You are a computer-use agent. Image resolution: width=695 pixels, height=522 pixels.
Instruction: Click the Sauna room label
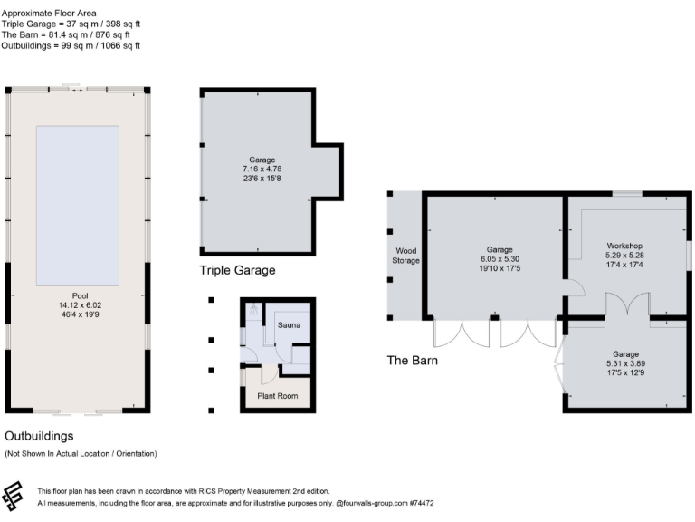(x=289, y=324)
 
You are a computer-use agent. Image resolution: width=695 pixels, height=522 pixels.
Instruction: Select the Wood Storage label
(x=406, y=256)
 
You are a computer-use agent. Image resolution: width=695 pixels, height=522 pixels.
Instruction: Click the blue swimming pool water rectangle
(x=77, y=205)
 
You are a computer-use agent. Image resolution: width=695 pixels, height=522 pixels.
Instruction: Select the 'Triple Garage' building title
(x=237, y=270)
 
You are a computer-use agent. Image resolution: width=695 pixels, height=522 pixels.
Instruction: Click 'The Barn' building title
(x=413, y=360)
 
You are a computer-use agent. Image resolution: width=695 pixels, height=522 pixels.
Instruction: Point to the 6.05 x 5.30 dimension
(x=499, y=259)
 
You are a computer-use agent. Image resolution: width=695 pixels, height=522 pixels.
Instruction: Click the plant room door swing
(x=269, y=376)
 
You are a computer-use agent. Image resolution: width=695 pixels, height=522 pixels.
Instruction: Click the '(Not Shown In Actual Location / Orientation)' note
(x=81, y=453)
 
